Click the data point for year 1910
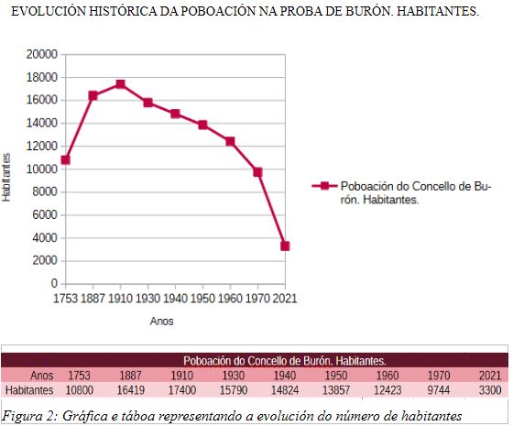[120, 84]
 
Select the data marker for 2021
[285, 246]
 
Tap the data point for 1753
[65, 159]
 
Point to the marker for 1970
[257, 171]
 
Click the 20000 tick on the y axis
[40, 54]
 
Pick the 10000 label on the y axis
[40, 169]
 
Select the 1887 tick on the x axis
[93, 299]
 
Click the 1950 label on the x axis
[202, 299]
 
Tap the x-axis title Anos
[161, 322]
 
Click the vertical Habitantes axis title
[7, 174]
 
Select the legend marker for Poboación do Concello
[322, 186]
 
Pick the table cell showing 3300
[489, 390]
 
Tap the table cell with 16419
[129, 390]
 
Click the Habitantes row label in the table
[30, 390]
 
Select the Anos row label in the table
[40, 375]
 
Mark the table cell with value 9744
[438, 390]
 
